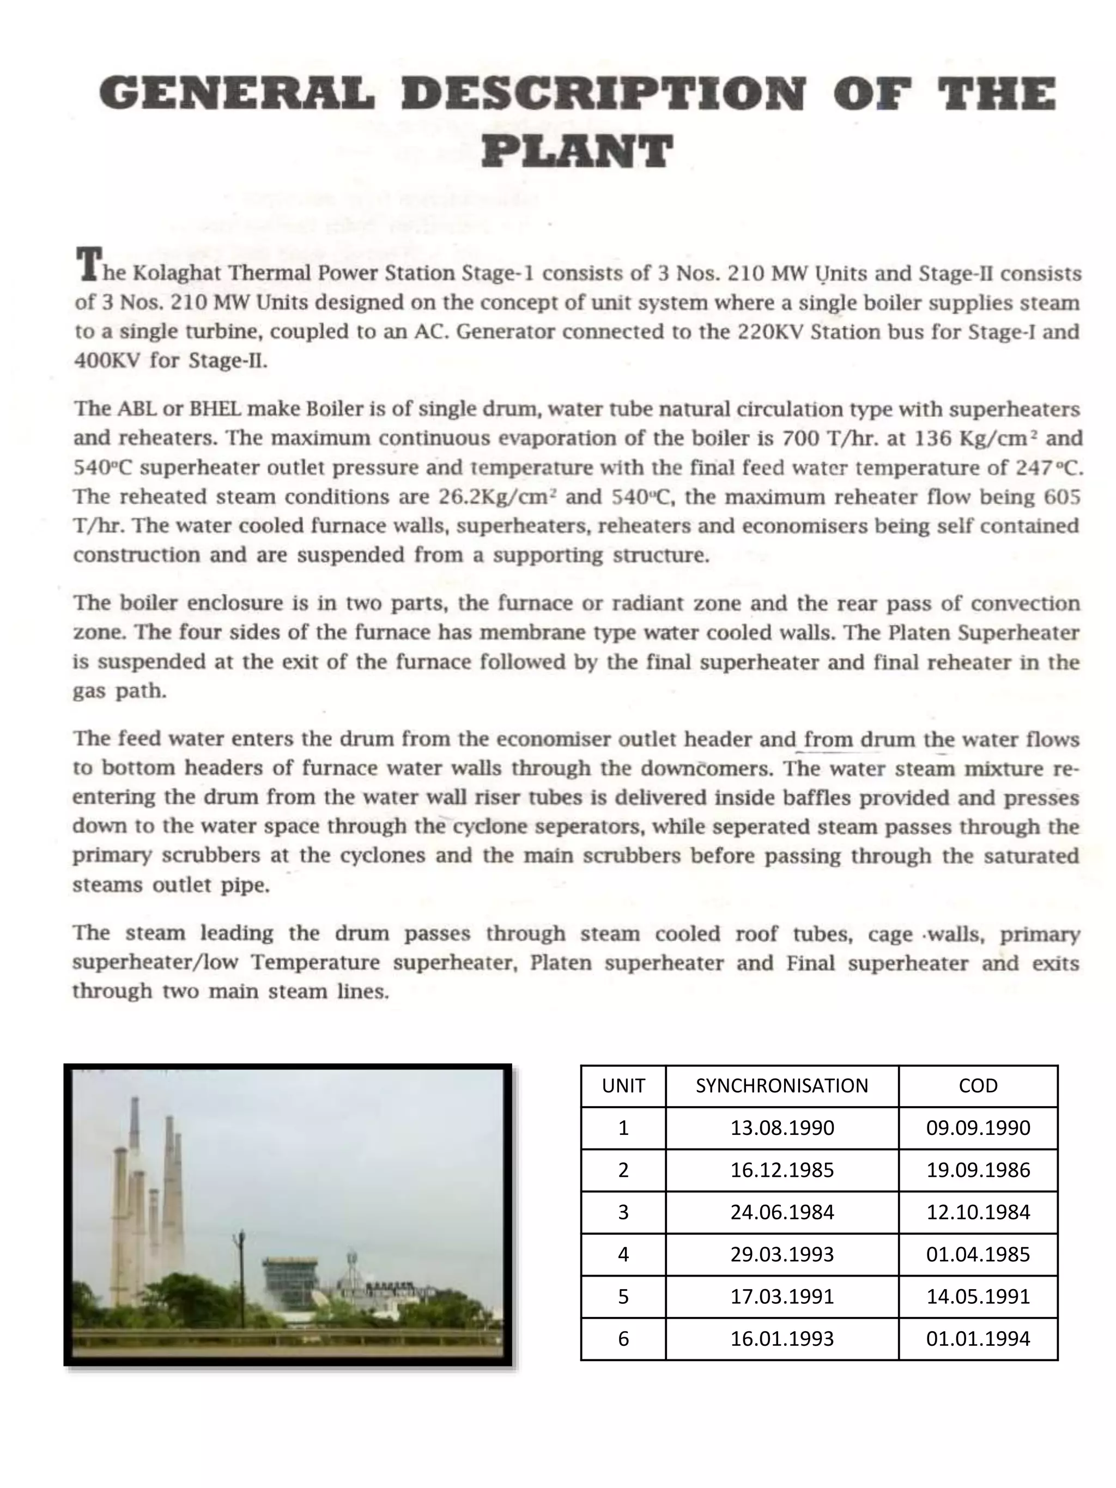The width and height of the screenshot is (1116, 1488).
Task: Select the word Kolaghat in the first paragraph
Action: click(177, 273)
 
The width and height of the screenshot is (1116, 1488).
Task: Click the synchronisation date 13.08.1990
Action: click(781, 1128)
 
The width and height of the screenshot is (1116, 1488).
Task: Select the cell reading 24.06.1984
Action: click(781, 1212)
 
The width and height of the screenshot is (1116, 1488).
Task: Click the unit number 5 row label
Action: click(623, 1296)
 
